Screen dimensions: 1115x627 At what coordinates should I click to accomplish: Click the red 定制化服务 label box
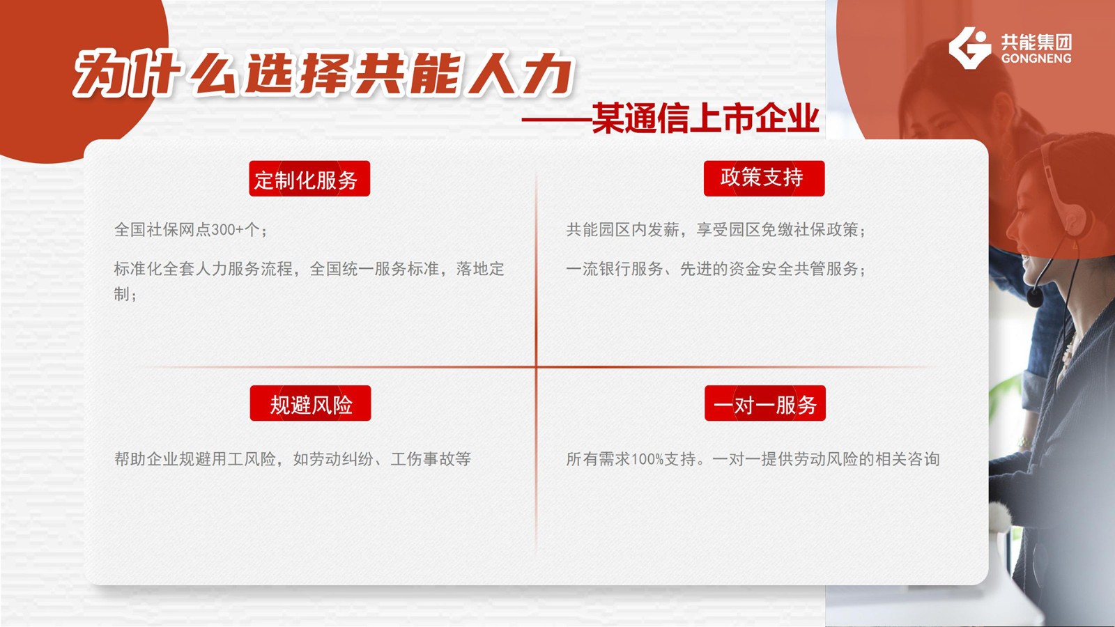[x=309, y=178]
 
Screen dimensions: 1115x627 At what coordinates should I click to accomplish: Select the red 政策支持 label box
[x=764, y=178]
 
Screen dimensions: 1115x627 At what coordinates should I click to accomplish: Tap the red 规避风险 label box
[x=310, y=403]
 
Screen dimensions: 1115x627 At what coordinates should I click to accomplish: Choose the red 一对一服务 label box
[x=765, y=403]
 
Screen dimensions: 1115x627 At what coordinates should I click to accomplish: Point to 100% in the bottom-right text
[x=647, y=459]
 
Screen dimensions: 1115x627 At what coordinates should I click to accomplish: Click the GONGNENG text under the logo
[x=1036, y=59]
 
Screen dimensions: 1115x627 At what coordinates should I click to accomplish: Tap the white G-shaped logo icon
[x=969, y=48]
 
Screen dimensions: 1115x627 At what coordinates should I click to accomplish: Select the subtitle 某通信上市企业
[x=705, y=118]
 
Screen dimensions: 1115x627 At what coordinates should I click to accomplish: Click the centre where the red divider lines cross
[x=536, y=367]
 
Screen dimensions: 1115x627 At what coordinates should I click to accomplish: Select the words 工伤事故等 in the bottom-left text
[x=431, y=459]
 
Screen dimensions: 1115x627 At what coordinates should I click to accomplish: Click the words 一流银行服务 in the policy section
[x=614, y=269]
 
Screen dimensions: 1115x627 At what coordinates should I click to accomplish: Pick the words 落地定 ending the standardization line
[x=480, y=269]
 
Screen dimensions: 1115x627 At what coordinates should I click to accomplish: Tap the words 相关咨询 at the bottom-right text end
[x=907, y=459]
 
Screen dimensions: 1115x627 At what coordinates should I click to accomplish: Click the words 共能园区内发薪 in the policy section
[x=622, y=230]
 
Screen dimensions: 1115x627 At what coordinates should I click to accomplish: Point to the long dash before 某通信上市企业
[x=556, y=120]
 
